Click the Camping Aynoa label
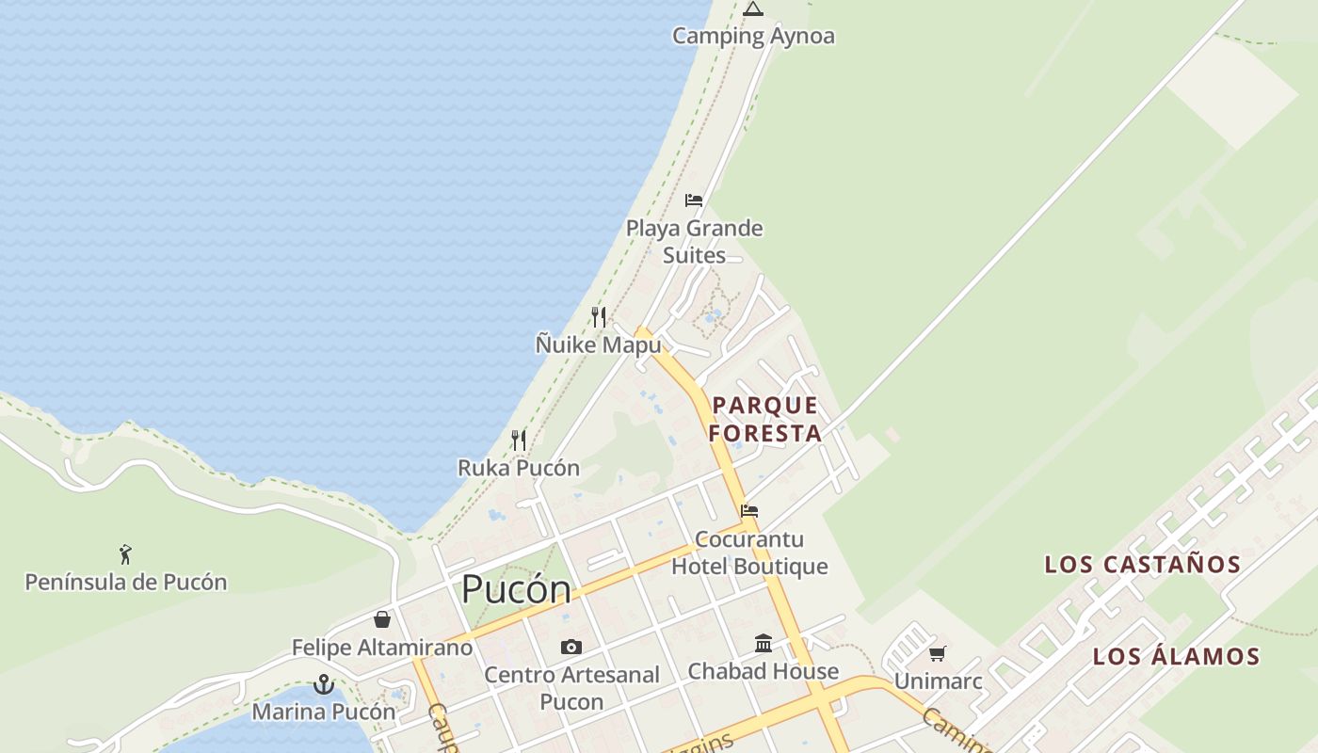coord(752,36)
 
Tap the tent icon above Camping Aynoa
coord(752,9)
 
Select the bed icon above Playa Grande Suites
coord(694,200)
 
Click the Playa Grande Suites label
coord(694,242)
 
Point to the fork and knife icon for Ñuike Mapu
coord(599,316)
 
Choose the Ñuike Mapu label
coord(599,344)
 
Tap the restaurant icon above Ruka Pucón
coord(518,440)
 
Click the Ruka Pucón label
coord(518,468)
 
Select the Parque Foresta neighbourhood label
coord(765,419)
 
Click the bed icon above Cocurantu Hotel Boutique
coord(749,511)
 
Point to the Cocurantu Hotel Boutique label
coord(749,553)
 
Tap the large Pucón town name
coord(516,589)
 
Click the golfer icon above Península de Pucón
coord(125,554)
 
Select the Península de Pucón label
coord(125,582)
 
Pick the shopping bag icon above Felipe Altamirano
coord(381,619)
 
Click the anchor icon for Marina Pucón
coord(324,684)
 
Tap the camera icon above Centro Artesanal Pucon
coord(571,647)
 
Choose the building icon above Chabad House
coord(763,644)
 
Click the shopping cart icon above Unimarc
coord(938,653)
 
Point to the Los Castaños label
coord(1142,565)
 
